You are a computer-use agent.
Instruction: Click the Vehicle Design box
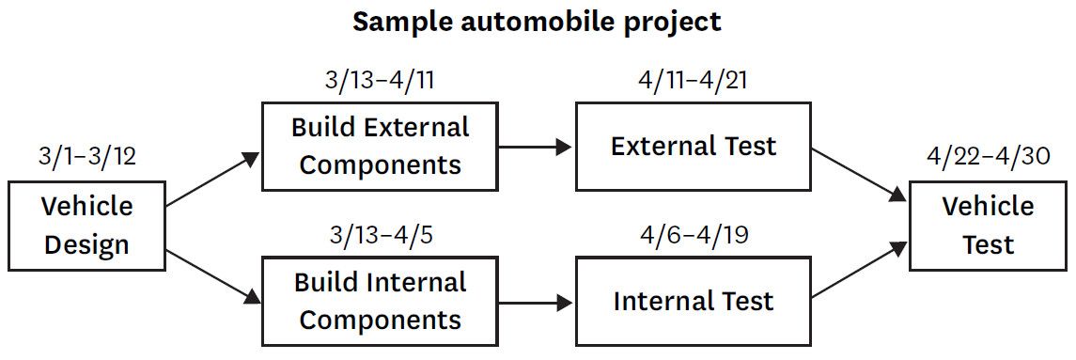click(87, 226)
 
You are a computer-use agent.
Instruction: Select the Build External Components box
click(381, 146)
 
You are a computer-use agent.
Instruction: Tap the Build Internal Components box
click(381, 301)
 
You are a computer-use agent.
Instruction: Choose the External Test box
click(694, 146)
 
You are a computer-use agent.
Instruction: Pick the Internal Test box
click(694, 301)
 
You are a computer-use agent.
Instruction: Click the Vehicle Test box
click(989, 226)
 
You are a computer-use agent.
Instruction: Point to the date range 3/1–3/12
click(87, 157)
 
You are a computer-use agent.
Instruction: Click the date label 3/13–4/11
click(380, 80)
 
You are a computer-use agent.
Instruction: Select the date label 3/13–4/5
click(380, 235)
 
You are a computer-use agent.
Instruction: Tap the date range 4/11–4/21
click(692, 80)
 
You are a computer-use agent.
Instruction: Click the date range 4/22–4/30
click(989, 157)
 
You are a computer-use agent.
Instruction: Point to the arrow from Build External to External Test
click(536, 147)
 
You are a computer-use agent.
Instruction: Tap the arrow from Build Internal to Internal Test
click(536, 302)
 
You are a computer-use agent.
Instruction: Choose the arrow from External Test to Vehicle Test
click(860, 174)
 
